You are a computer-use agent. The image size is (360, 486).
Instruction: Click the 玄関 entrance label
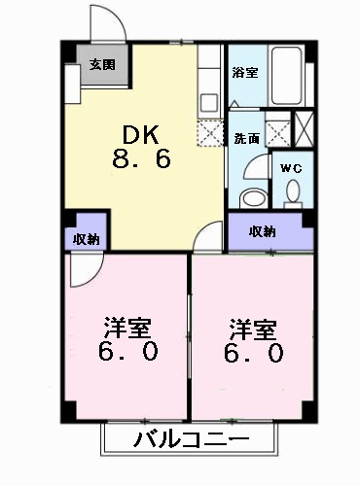[x=100, y=65]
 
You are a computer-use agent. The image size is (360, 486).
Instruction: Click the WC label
[x=291, y=168]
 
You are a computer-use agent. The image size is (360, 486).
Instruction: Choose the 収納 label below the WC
[x=263, y=231]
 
